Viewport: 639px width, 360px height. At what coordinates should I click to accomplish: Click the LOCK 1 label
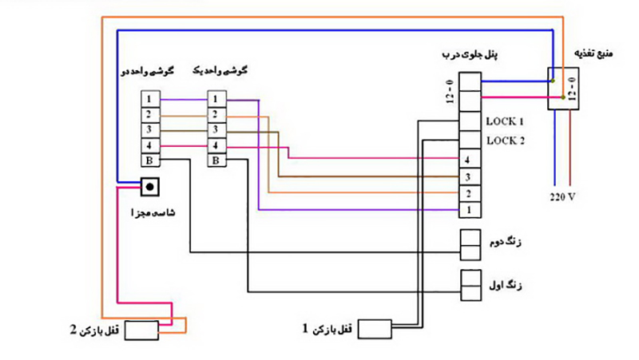(x=505, y=121)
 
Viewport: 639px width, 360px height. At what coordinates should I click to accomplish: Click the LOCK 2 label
(x=506, y=141)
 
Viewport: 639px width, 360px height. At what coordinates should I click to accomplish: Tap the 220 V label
(x=562, y=197)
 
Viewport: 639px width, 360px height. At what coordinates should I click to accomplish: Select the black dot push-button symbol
(x=149, y=187)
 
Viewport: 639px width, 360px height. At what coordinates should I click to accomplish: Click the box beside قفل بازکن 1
(x=375, y=329)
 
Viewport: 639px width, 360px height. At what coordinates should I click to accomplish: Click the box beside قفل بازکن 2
(x=141, y=330)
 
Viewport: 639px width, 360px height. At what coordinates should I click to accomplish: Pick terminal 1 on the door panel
(x=470, y=210)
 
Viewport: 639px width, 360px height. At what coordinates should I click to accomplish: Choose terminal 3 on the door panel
(x=470, y=177)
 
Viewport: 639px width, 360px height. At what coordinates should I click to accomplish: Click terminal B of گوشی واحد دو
(x=150, y=160)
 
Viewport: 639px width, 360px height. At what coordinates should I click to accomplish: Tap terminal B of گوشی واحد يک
(x=216, y=160)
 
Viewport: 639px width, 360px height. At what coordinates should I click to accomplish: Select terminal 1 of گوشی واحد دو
(x=150, y=99)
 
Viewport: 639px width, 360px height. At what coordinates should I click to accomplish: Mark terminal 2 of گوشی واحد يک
(x=216, y=115)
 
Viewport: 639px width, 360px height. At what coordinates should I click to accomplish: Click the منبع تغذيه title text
(x=593, y=53)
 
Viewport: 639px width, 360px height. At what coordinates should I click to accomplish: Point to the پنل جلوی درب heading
(x=470, y=54)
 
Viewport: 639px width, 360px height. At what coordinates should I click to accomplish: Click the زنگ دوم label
(x=506, y=243)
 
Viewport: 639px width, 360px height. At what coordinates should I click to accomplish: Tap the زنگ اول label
(x=506, y=285)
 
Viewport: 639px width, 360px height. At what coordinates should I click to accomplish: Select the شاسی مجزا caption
(x=153, y=212)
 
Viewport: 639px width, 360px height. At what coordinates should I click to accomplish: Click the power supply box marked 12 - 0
(x=563, y=89)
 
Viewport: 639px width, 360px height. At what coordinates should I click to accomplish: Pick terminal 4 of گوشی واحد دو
(x=150, y=146)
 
